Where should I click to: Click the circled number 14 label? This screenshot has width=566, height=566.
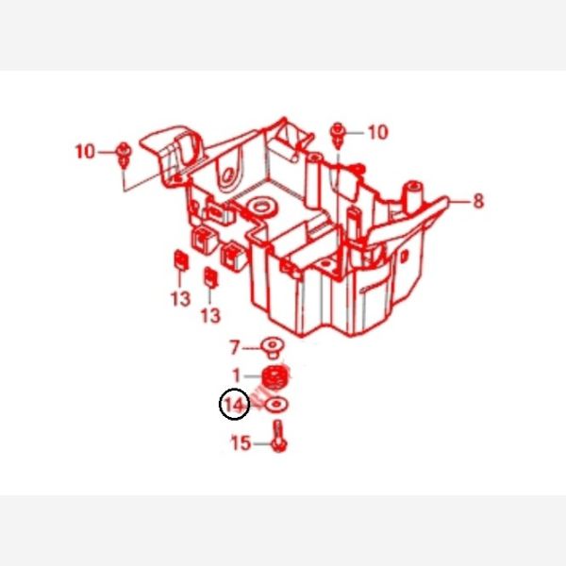234,405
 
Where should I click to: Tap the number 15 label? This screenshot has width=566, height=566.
241,443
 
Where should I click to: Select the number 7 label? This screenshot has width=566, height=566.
235,347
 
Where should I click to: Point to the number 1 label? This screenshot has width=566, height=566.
237,375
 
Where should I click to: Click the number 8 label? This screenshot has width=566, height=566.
478,201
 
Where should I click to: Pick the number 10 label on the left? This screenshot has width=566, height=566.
85,152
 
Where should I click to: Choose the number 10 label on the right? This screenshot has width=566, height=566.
378,132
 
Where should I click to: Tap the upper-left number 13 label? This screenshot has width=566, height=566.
180,299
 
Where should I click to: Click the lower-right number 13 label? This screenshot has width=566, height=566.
210,316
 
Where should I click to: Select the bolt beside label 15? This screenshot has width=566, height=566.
278,436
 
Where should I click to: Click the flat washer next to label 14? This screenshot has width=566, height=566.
276,405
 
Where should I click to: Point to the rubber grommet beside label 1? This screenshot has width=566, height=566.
275,377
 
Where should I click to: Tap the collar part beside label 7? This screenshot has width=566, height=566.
273,347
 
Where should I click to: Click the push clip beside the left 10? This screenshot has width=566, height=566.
124,155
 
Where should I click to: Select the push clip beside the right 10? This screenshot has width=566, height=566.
337,135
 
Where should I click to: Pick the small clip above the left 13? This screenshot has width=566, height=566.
181,259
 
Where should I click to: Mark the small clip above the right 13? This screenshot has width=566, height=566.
210,277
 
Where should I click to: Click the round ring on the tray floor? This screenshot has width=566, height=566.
262,208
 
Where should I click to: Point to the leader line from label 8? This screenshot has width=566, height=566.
459,201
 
